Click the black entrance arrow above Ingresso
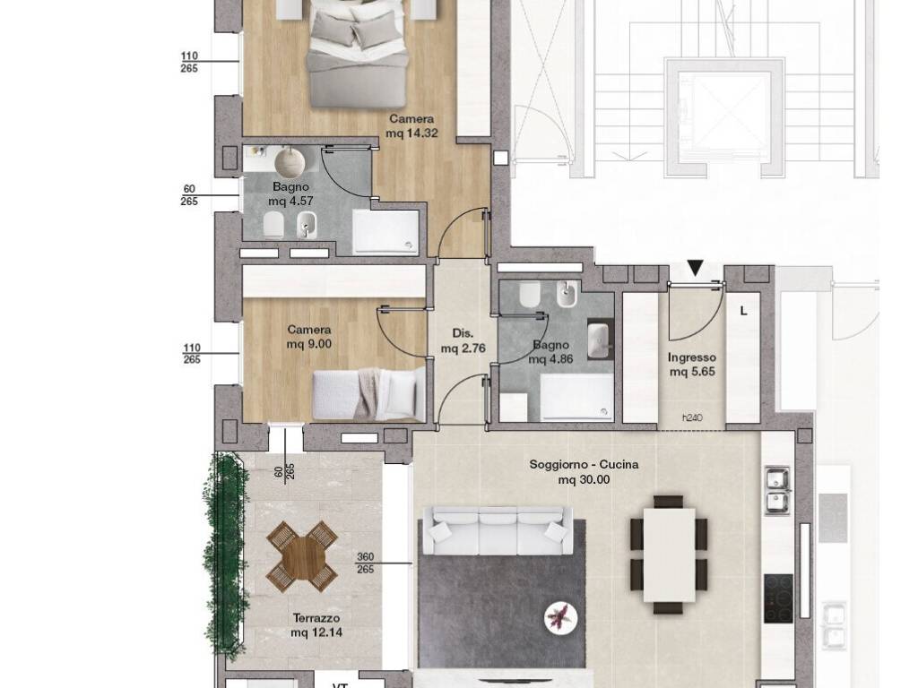(x=695, y=268)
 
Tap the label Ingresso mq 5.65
(x=692, y=365)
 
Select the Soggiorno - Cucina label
(x=584, y=465)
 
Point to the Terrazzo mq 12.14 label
(x=316, y=624)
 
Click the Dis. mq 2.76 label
(x=463, y=341)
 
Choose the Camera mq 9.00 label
(x=308, y=337)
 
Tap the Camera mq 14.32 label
(x=411, y=125)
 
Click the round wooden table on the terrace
(x=302, y=556)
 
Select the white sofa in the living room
(x=497, y=531)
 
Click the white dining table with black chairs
(x=669, y=555)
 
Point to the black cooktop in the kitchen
(x=778, y=598)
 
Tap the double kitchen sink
(x=777, y=491)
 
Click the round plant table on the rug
(x=560, y=618)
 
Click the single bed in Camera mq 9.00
(x=368, y=394)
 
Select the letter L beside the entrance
(x=743, y=311)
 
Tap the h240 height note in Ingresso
(x=692, y=417)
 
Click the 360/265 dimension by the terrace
(x=365, y=563)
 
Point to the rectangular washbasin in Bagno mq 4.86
(x=599, y=340)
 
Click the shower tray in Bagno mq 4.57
(x=385, y=232)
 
